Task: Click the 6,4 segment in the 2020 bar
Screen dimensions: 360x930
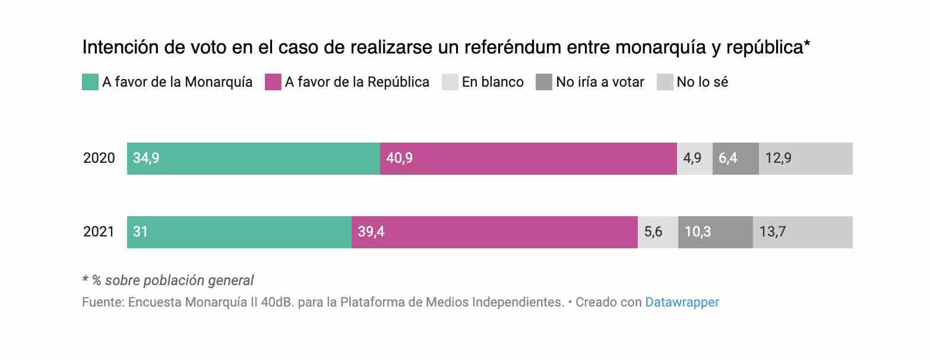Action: point(735,159)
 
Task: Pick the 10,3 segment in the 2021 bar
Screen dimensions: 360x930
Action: point(715,232)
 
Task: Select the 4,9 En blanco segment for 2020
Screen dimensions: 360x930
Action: point(694,159)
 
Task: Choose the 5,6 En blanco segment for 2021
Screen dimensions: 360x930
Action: point(657,232)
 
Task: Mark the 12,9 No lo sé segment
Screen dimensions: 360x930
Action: point(805,159)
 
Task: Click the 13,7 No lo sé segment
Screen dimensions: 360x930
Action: point(802,232)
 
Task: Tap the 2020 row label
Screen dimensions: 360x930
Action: point(99,159)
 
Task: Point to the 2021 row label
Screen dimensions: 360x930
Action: point(99,232)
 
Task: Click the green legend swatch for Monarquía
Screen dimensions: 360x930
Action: point(90,82)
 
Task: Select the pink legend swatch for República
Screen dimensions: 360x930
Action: point(273,82)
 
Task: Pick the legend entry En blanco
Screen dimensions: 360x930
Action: point(492,82)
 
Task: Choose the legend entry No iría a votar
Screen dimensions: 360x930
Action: point(600,82)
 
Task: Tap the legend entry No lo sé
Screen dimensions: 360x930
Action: point(702,82)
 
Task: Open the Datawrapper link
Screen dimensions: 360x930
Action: point(682,302)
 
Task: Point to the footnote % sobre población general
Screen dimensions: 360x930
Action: point(172,280)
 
